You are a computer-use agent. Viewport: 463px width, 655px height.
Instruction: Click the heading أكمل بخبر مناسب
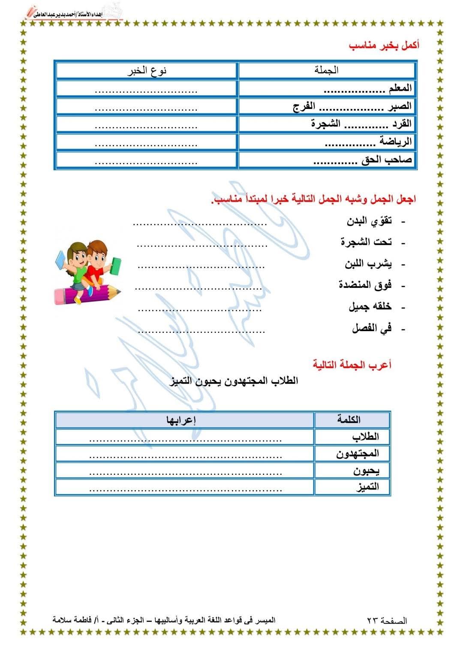tap(384, 46)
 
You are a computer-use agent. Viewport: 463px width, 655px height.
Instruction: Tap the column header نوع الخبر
tap(147, 71)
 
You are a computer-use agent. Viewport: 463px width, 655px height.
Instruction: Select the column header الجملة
tap(327, 70)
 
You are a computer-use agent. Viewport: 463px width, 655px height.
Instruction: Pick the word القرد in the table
tap(402, 124)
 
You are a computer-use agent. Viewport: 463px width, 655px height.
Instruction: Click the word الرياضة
tap(395, 142)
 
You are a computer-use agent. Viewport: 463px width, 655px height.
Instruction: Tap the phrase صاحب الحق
tap(387, 160)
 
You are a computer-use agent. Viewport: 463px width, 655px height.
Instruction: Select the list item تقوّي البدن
tap(369, 221)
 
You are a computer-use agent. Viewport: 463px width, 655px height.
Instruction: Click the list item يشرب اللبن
tap(368, 264)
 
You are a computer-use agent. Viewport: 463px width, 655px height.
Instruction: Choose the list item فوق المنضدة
tap(365, 285)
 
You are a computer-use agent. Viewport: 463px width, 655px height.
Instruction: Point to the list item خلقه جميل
tap(370, 307)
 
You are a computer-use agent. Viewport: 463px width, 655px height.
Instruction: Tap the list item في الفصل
tap(372, 329)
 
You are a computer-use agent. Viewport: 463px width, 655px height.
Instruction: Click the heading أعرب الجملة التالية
tap(352, 365)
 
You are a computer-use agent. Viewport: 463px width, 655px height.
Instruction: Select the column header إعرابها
tap(181, 420)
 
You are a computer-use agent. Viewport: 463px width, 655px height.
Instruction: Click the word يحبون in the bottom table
tap(366, 471)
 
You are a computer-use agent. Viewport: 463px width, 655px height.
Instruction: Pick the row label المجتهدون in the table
tap(358, 453)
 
